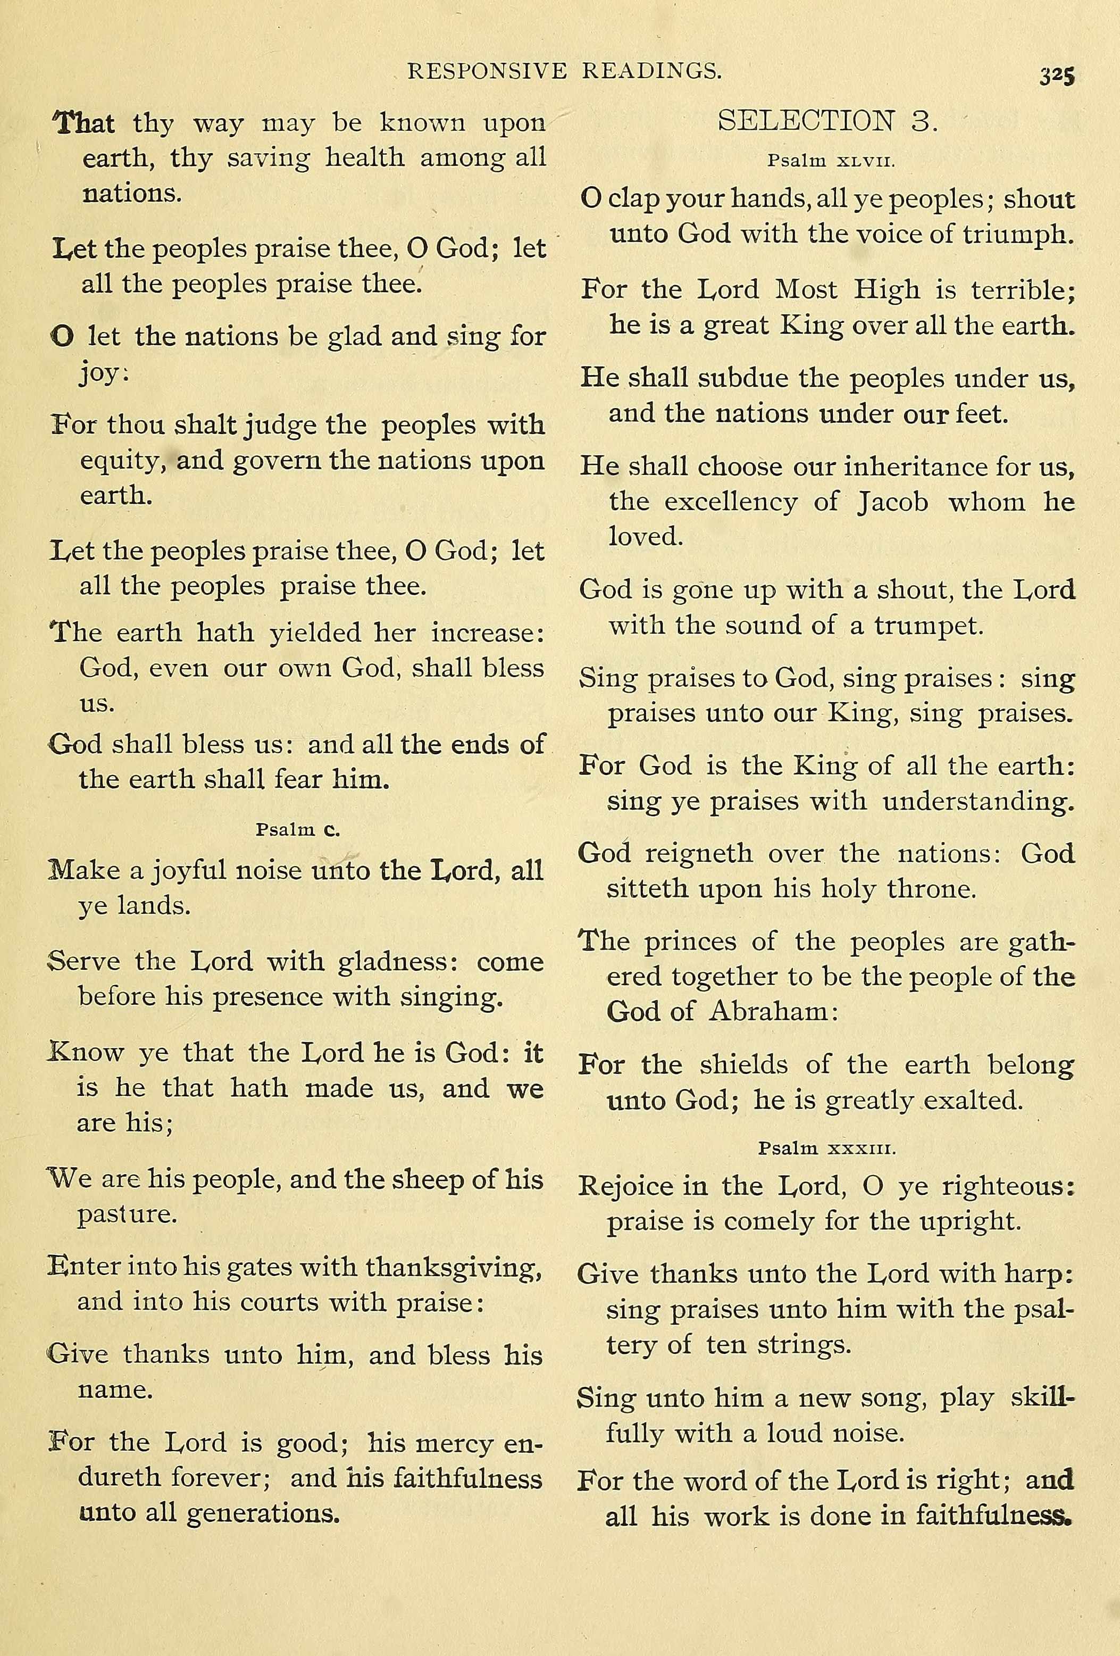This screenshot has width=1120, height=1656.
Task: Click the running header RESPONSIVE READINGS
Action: (x=564, y=71)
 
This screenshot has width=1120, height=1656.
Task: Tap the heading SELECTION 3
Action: (x=828, y=121)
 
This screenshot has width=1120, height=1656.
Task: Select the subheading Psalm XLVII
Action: (x=831, y=161)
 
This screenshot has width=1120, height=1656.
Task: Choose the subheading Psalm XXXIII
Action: (x=826, y=1148)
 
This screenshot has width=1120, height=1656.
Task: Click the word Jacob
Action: (x=893, y=502)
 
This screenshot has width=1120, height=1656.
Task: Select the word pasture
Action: (x=127, y=1213)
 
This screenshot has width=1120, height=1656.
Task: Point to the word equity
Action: (x=122, y=462)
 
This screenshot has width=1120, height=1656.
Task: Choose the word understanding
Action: (x=977, y=801)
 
